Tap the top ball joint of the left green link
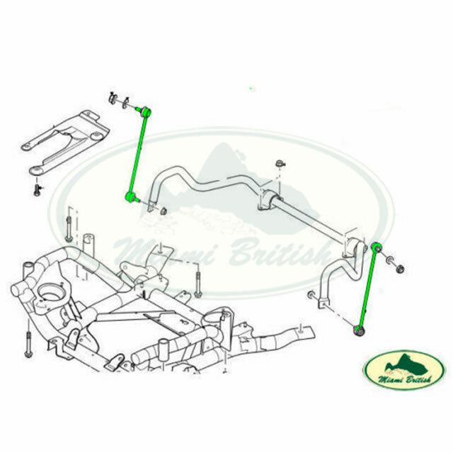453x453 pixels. click(x=145, y=111)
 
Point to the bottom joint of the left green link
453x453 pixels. click(x=130, y=196)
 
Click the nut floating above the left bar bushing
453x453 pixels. click(x=280, y=166)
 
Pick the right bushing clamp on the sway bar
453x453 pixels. click(x=350, y=247)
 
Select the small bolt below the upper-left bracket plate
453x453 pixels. click(x=38, y=189)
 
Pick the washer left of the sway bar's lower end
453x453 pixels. click(x=311, y=293)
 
